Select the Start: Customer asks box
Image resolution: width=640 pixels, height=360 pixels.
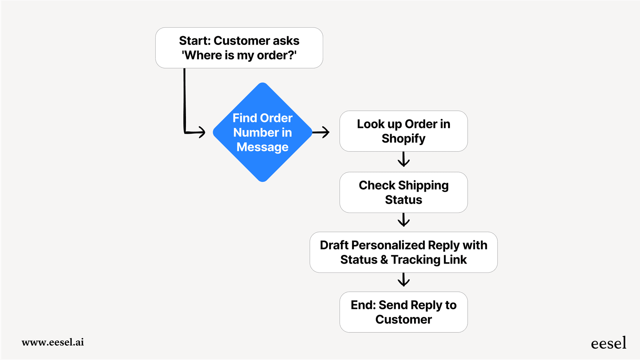239,48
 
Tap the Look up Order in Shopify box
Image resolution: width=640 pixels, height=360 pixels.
403,131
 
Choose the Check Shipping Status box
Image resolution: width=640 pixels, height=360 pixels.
403,192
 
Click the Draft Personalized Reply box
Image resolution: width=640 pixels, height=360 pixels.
403,252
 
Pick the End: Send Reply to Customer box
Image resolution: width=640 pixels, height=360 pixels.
403,312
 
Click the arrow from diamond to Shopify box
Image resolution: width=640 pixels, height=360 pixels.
321,132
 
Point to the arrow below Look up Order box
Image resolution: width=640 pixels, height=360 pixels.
403,159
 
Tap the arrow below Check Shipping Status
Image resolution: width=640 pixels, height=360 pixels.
403,220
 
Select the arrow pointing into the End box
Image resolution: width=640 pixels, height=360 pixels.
403,280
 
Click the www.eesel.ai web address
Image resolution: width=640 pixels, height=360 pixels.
53,342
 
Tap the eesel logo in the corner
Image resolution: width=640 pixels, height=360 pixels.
608,343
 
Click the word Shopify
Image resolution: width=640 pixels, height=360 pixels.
403,139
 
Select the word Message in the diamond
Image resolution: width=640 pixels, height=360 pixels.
262,147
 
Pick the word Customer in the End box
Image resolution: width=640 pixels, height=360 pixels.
403,320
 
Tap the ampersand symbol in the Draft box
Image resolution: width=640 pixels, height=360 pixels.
384,260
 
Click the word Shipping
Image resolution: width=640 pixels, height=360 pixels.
423,186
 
